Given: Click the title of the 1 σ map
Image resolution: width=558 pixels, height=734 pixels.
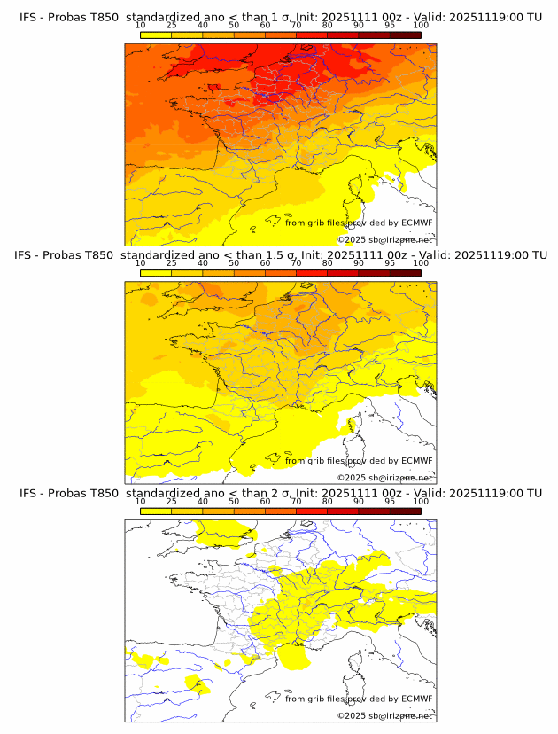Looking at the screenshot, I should pos(280,16).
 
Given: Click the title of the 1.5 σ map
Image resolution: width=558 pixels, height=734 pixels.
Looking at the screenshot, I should pos(280,254).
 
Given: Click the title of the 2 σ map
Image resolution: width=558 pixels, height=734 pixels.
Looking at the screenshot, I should pos(280,493).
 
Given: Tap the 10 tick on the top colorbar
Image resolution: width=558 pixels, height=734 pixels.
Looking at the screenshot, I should pos(141,26).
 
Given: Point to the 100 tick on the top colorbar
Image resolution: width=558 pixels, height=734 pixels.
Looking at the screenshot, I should pos(421,26).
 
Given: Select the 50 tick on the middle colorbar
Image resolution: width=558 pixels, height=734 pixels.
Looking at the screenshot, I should pos(234,263).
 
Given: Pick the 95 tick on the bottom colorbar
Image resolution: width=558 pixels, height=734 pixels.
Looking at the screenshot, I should pos(390,502).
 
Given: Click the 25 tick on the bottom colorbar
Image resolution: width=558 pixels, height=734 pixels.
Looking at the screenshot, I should pos(172,502).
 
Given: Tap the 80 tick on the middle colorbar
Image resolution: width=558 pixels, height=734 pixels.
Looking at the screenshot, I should pos(328,263).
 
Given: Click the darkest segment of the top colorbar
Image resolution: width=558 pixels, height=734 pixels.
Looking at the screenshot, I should pos(405,35).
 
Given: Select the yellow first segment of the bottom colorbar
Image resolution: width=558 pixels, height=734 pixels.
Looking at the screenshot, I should pos(156,511).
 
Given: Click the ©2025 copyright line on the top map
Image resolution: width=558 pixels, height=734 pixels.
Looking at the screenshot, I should pos(385,239).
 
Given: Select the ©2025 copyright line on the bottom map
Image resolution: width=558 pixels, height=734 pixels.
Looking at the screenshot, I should pos(385,715).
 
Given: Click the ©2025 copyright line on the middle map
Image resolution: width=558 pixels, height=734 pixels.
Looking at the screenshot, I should pos(385,477).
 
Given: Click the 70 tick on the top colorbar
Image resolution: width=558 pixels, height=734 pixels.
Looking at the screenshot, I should pos(297,26).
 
